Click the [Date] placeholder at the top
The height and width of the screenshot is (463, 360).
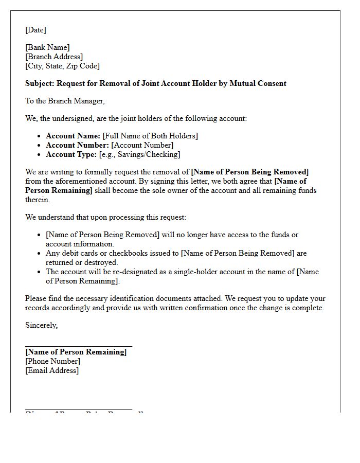coord(35,30)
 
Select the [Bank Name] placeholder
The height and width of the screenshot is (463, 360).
coord(47,47)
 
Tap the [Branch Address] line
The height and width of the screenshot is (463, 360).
coord(54,57)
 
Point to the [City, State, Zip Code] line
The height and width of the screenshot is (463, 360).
coord(62,66)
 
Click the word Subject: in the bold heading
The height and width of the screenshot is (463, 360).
coord(40,83)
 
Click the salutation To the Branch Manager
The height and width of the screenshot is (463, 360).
coord(65,101)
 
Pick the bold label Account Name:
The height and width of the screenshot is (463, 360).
coord(73,136)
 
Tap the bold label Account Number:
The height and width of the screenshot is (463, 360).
coord(77,145)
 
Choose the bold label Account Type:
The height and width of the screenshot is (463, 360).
coord(71,154)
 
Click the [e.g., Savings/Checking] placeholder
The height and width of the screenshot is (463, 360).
coord(139,154)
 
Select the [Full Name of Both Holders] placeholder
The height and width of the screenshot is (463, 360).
coord(150,136)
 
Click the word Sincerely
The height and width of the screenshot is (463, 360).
coord(41,325)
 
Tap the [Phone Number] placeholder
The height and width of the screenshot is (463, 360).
coord(52,361)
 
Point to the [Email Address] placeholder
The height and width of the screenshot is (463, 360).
coord(52,370)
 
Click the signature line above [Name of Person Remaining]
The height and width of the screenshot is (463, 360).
coord(79,347)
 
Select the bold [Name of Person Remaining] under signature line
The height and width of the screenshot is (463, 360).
coord(76,352)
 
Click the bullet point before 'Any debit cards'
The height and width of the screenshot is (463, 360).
coord(40,253)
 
